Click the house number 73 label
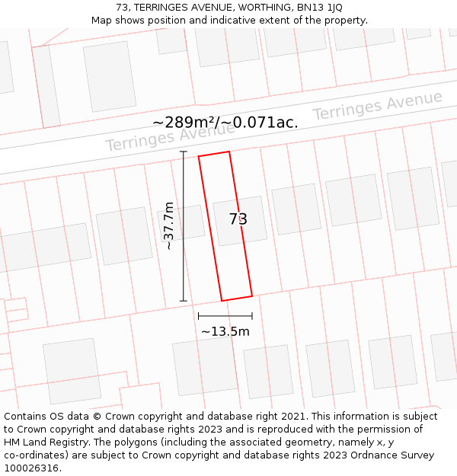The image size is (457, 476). [238, 219]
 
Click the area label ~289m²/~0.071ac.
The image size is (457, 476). [225, 122]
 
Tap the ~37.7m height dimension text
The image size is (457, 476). [169, 225]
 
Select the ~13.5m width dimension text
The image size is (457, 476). [225, 331]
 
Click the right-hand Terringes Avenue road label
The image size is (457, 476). [377, 106]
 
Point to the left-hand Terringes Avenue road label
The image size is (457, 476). [170, 136]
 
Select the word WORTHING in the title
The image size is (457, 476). [260, 8]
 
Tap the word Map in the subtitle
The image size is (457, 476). [102, 21]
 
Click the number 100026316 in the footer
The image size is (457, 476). [30, 468]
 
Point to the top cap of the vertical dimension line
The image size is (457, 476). [183, 152]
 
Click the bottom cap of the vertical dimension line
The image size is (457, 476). [183, 301]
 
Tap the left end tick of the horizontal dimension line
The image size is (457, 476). [198, 315]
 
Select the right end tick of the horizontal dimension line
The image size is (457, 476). [252, 315]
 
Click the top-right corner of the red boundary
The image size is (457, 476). [229, 152]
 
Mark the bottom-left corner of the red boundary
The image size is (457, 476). [222, 301]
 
